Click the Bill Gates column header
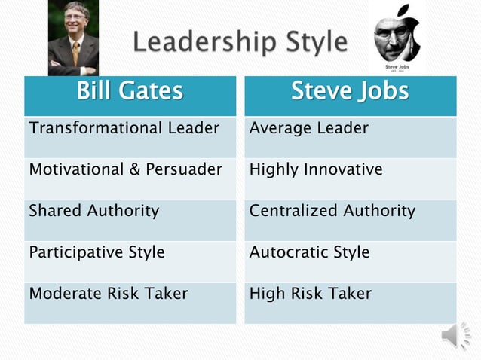click(130, 92)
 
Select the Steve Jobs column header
click(350, 92)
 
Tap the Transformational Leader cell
click(124, 128)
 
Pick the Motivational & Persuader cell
click(125, 169)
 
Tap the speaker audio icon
click(456, 336)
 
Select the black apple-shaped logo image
click(397, 38)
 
